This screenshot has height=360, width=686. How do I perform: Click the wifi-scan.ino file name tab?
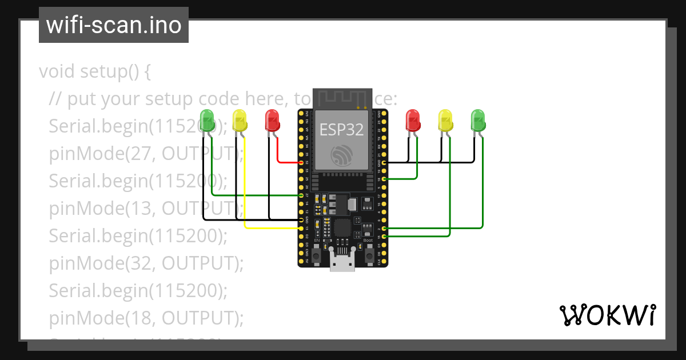pos(114,25)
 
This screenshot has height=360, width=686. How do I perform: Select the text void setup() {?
pos(94,72)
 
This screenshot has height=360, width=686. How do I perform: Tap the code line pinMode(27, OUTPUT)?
pos(146,153)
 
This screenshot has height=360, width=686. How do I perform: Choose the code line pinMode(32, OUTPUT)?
pos(146,263)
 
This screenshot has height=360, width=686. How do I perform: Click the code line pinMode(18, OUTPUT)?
pos(146,318)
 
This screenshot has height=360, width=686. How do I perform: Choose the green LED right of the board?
pos(478,121)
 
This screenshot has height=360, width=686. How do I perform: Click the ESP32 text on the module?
pos(341,130)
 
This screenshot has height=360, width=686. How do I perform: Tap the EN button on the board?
pos(317,253)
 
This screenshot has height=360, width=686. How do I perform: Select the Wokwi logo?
pos(607,315)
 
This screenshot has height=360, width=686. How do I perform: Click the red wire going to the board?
pos(278,154)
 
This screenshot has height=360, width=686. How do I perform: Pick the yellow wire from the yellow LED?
pos(245,189)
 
